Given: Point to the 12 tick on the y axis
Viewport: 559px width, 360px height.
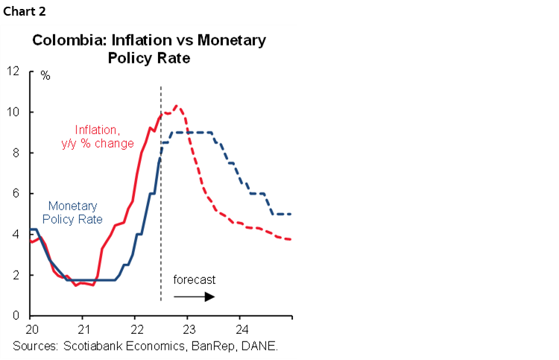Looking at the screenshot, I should click(13, 72).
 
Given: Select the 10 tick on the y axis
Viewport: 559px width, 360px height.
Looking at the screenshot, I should click(13, 113).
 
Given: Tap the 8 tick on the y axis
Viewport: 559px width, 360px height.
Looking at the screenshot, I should click(16, 154).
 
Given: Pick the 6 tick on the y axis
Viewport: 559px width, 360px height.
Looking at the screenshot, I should click(16, 194).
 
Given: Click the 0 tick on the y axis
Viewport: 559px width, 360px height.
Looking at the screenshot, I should click(16, 316).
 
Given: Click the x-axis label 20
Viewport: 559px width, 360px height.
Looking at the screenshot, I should click(32, 328).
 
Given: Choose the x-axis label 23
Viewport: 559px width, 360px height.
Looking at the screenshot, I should click(189, 328).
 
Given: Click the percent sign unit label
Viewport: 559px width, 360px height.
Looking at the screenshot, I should click(45, 76).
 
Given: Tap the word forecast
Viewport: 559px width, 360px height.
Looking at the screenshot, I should click(195, 280).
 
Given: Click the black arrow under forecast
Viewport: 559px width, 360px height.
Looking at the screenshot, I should click(195, 297).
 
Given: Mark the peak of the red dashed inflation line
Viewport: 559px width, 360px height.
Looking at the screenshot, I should click(176, 106).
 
